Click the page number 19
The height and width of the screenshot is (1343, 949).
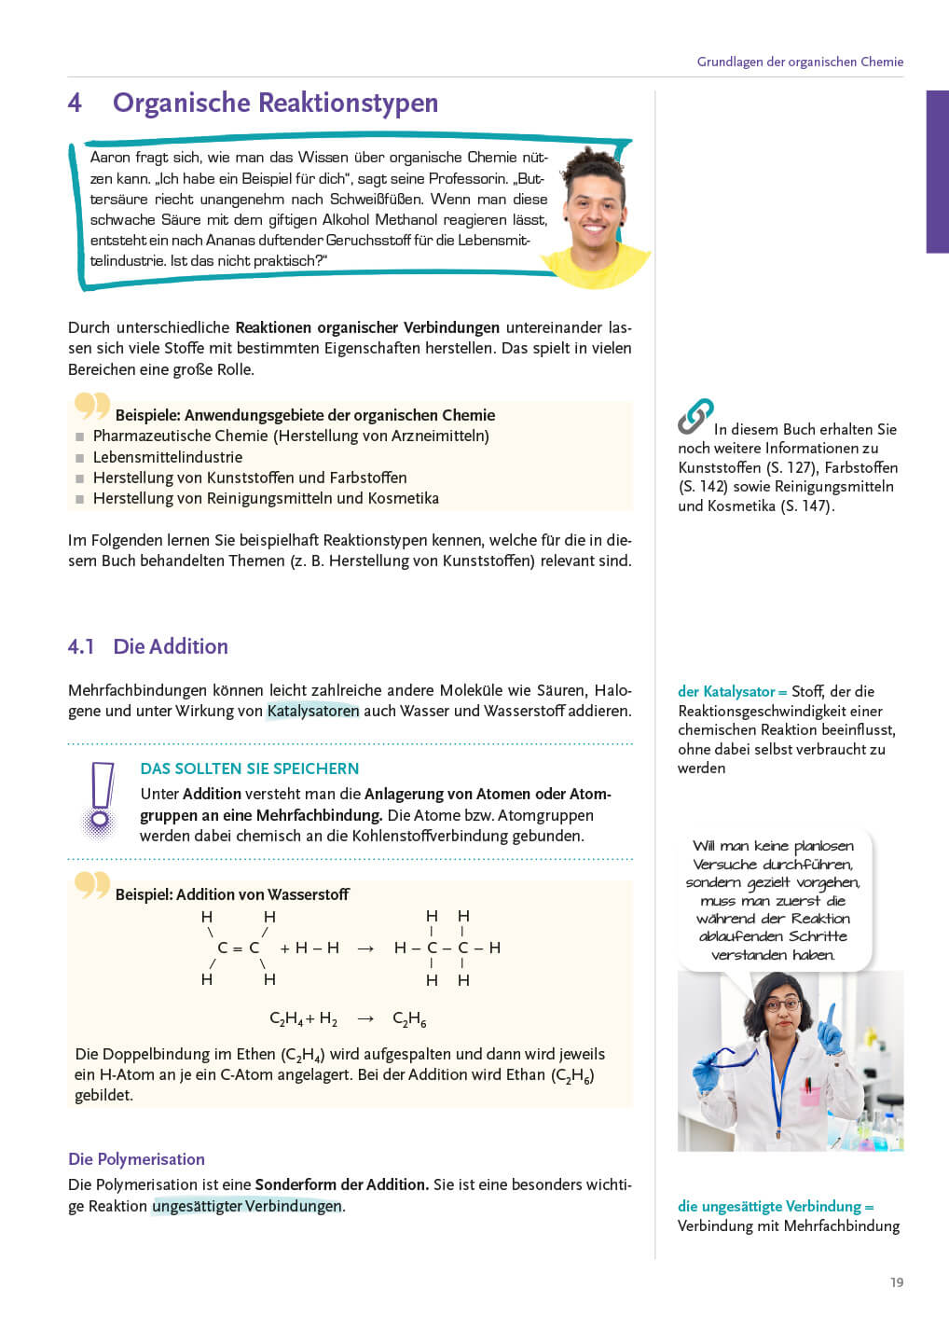(896, 1282)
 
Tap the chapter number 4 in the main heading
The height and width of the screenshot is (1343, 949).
(76, 103)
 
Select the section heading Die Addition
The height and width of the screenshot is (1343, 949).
(171, 646)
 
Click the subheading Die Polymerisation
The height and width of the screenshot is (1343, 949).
(136, 1159)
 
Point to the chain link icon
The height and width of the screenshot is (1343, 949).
(695, 416)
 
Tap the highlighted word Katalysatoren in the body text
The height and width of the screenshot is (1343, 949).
(312, 711)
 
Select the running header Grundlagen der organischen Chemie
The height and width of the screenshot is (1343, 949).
(800, 62)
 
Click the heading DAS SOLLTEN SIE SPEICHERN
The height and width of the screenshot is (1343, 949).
(249, 768)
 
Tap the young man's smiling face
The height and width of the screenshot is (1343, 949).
(594, 205)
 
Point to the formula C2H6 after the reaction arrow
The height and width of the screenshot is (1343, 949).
(409, 1019)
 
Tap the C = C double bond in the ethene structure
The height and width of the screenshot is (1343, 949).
(238, 948)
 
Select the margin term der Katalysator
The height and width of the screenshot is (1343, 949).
(726, 691)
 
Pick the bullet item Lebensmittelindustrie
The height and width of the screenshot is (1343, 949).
(168, 457)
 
